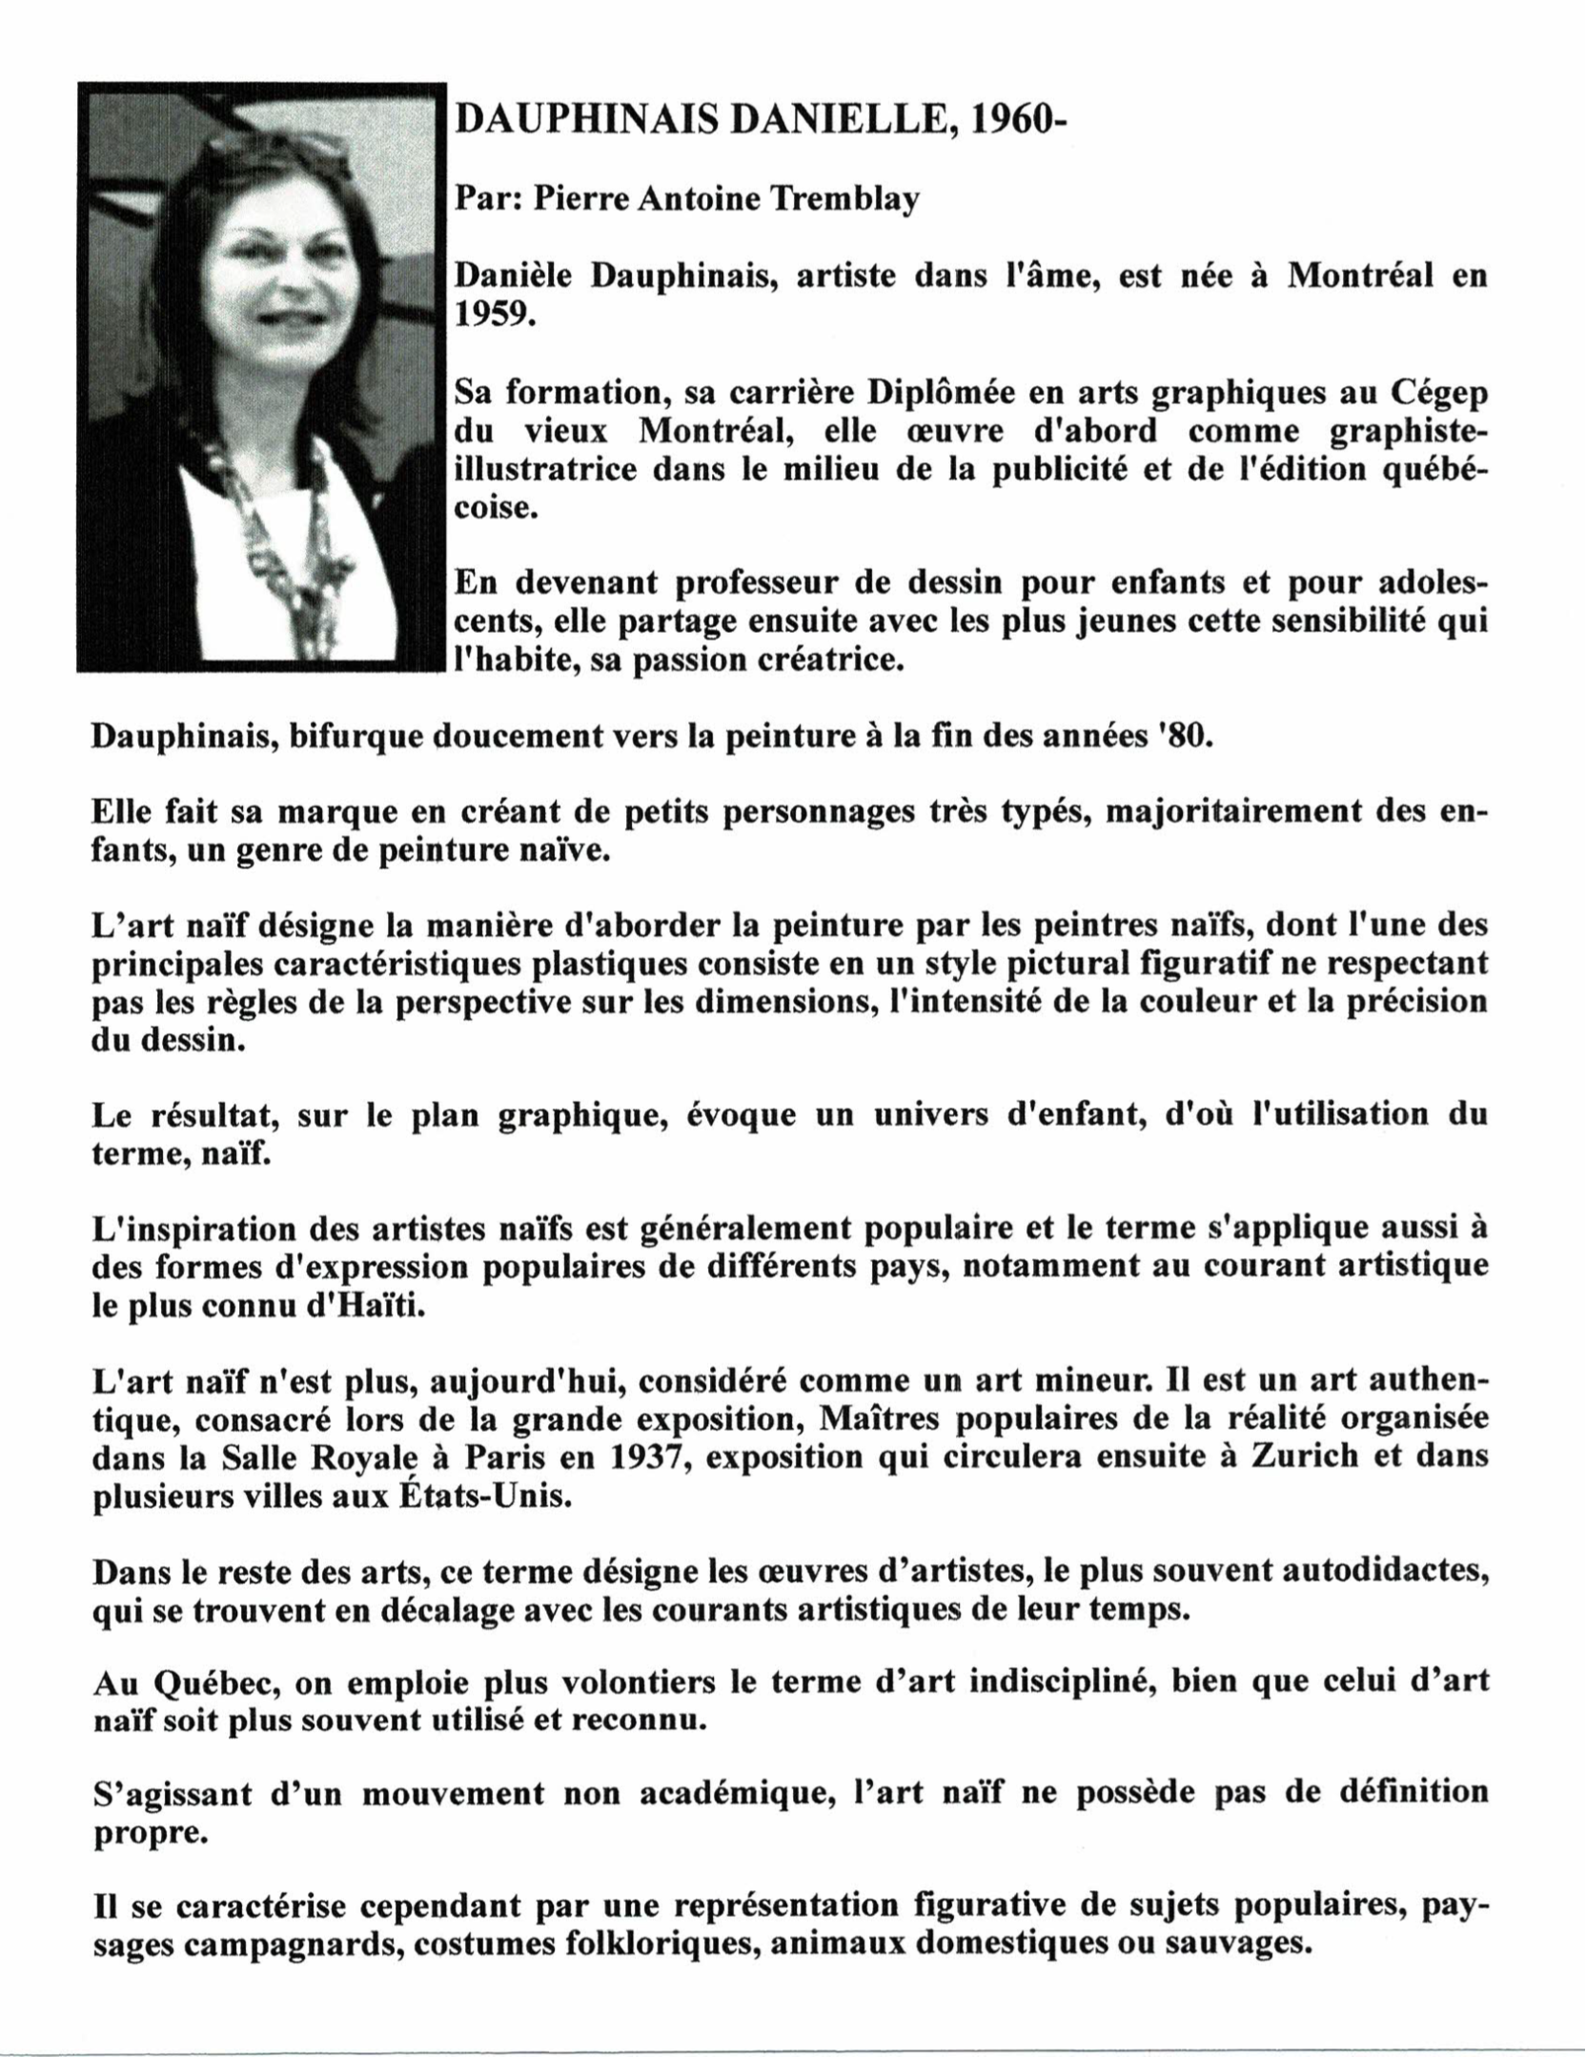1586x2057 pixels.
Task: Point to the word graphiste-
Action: pos(1405,431)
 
